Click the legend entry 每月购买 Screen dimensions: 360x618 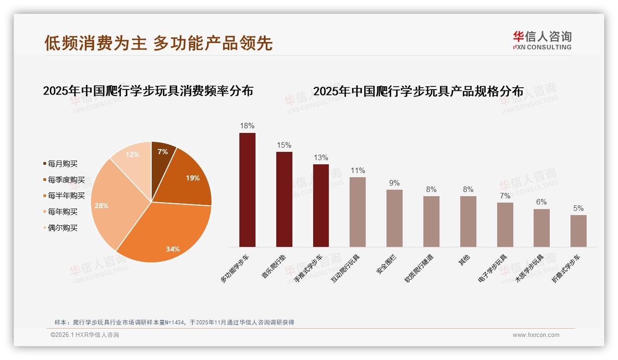[62, 164]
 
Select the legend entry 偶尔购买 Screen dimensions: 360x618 [62, 228]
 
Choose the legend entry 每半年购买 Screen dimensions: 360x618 [66, 196]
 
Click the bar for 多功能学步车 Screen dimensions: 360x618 [247, 190]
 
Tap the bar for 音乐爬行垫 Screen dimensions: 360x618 [284, 199]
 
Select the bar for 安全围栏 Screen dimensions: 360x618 [394, 218]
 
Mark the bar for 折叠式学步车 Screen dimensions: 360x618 [578, 231]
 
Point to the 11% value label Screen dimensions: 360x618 [357, 171]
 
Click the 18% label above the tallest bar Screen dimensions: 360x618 [247, 126]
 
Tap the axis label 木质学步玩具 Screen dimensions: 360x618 [530, 268]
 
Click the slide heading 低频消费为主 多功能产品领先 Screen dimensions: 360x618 [159, 43]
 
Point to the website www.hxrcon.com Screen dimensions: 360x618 [536, 335]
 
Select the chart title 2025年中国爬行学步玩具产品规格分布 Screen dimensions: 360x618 [418, 91]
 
